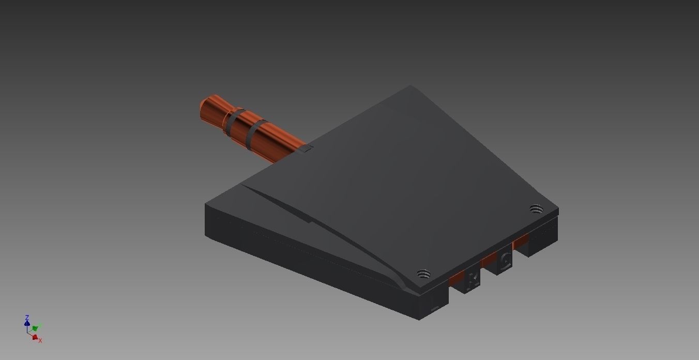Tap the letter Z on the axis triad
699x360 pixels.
[27, 317]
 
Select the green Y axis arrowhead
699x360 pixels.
[35, 328]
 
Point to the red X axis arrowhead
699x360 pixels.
[35, 337]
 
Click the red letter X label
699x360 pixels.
[40, 340]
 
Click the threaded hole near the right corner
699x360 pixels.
[536, 209]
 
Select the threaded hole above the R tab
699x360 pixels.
[423, 274]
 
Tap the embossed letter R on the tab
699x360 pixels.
[472, 281]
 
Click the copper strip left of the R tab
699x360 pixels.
[457, 279]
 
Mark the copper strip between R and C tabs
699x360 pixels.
[489, 260]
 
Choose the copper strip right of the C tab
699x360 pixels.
[521, 241]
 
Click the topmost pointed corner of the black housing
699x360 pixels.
[411, 86]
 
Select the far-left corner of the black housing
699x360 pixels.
[206, 205]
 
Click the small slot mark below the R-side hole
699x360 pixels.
[435, 309]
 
